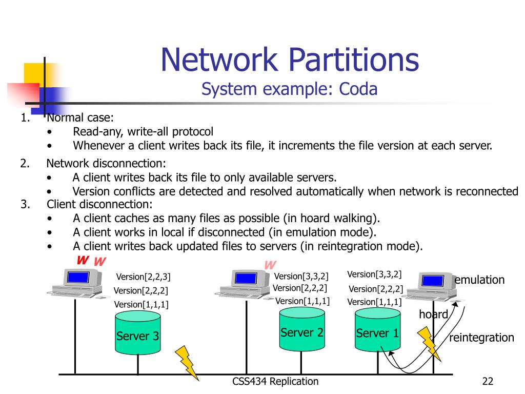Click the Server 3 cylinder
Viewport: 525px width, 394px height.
coord(137,334)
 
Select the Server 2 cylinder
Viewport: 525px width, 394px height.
coord(301,331)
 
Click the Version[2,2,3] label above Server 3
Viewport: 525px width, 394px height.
coord(143,277)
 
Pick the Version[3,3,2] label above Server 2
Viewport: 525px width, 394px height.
coord(301,277)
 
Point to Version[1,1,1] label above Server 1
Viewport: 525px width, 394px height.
coord(374,302)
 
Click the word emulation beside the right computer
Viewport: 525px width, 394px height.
coord(479,280)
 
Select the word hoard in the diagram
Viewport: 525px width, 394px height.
coord(433,314)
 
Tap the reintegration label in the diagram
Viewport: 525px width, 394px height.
coord(481,338)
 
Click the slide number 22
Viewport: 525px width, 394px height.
coord(487,381)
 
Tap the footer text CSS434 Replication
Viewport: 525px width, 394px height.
coord(275,381)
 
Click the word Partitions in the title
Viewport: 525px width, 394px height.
coord(353,60)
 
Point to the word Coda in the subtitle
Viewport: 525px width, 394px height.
coord(358,89)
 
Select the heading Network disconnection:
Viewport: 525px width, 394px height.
coord(106,164)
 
